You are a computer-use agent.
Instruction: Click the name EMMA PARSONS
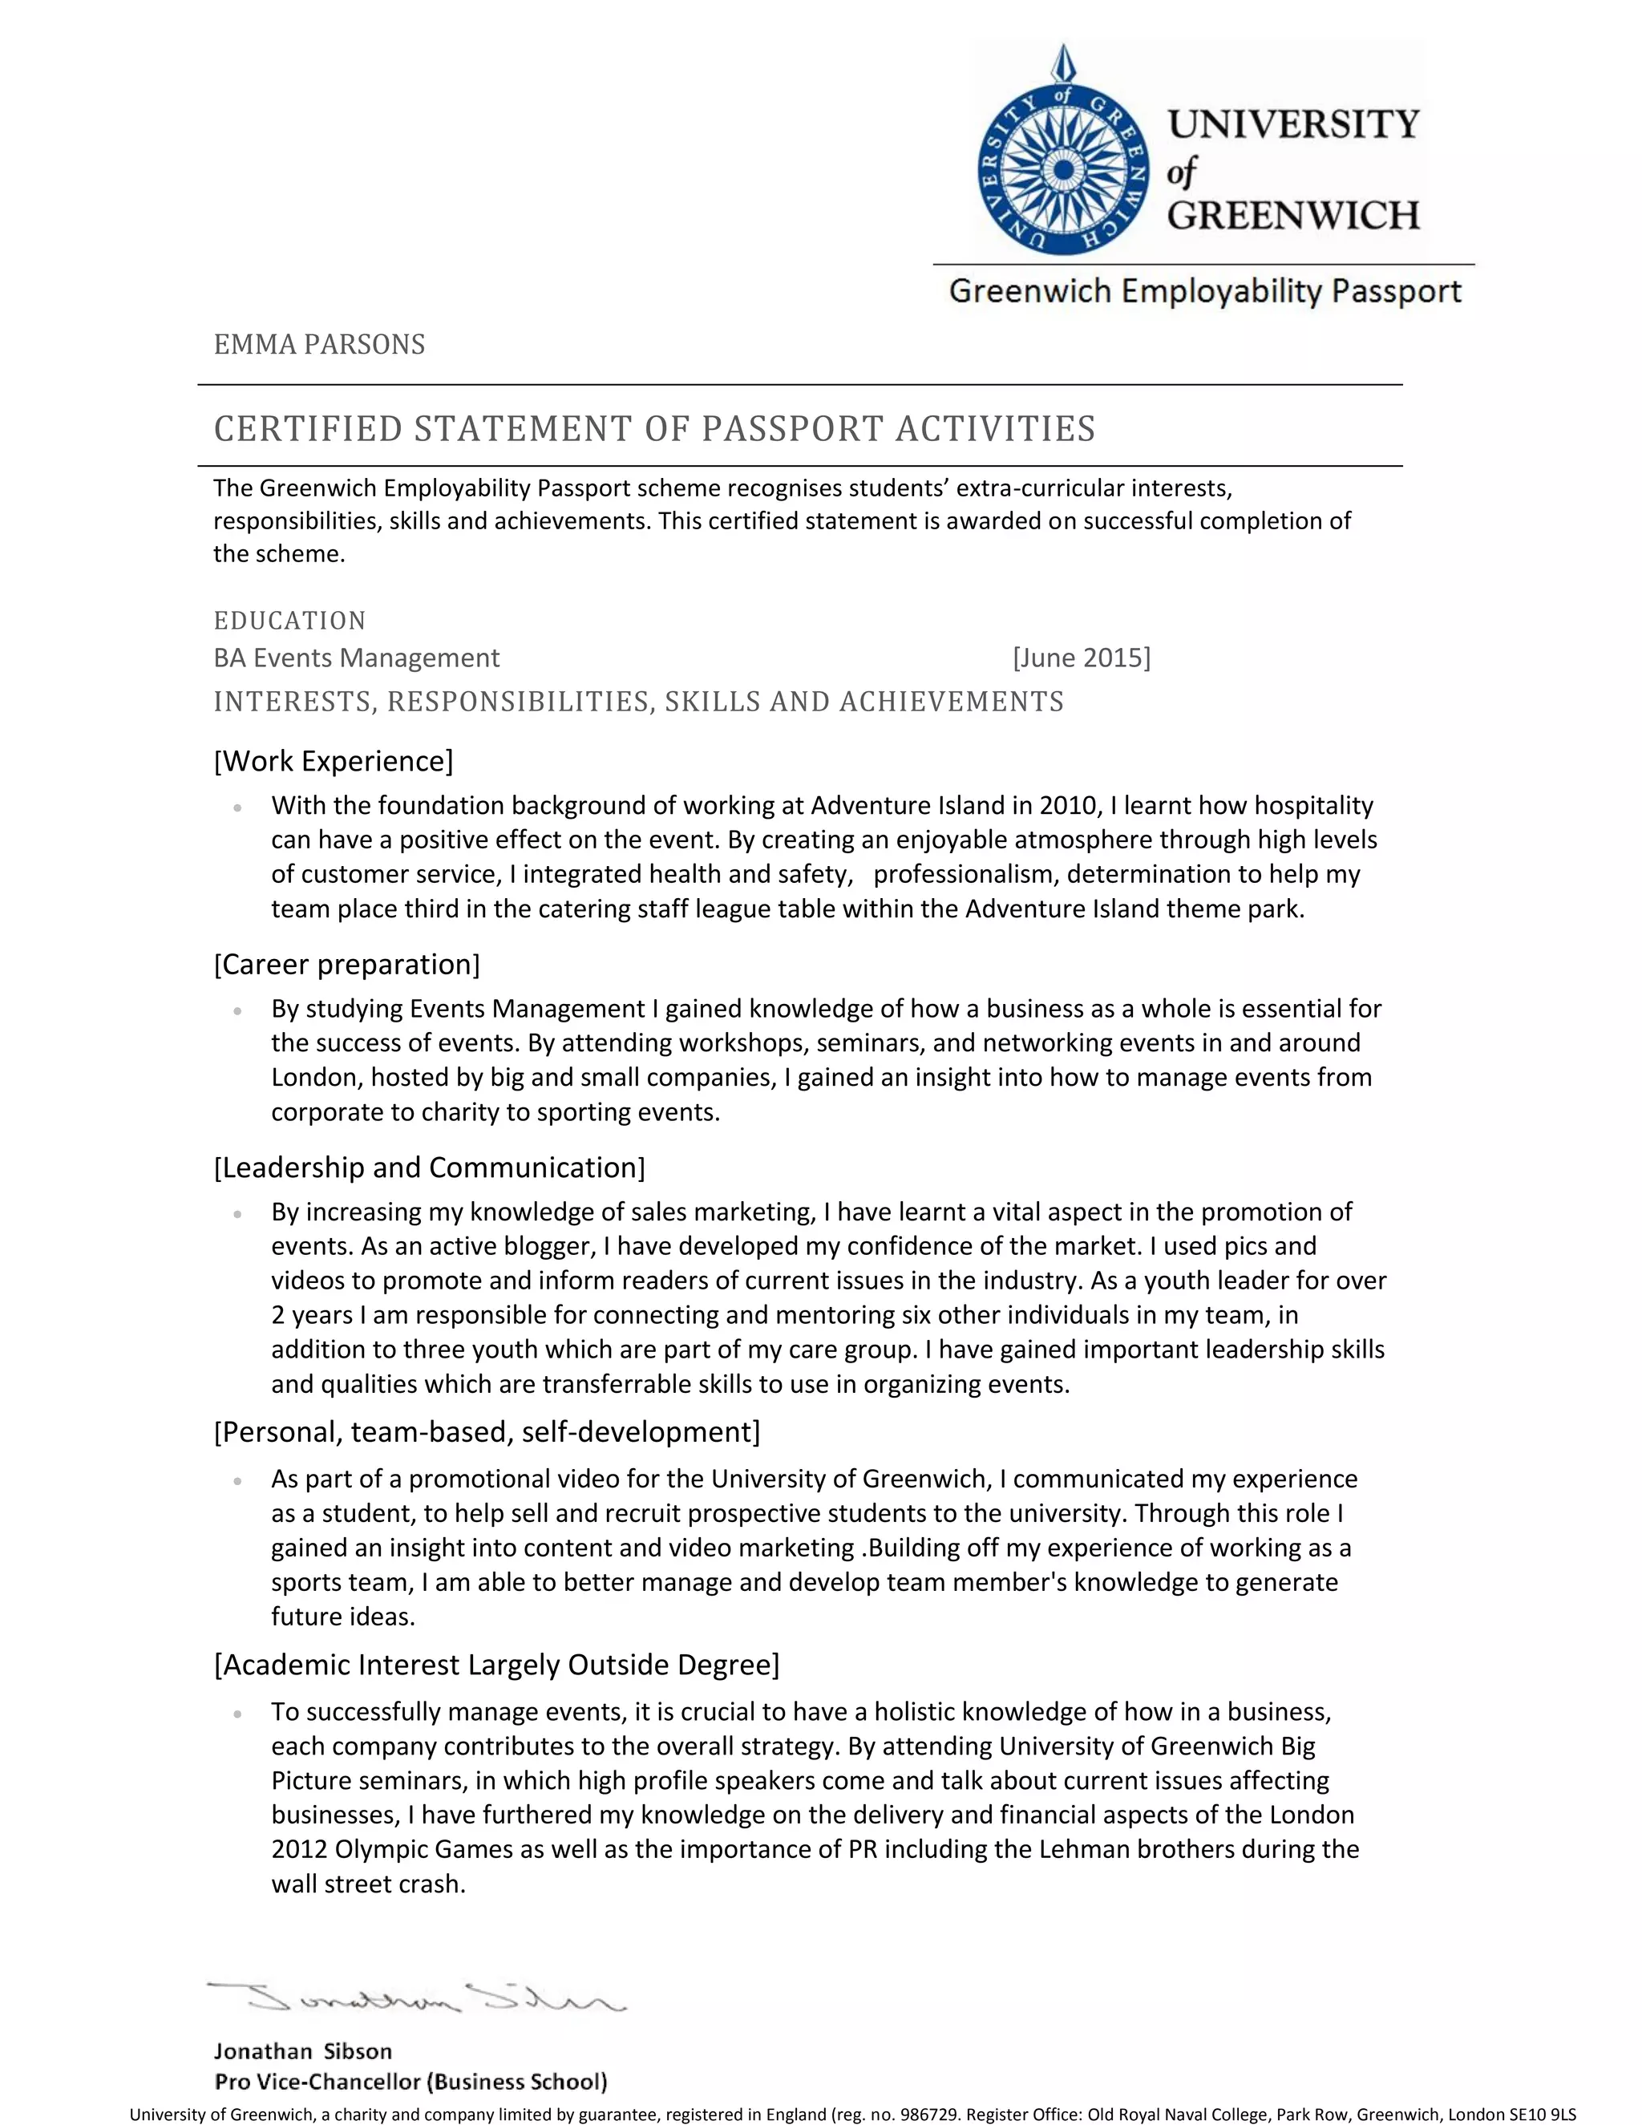[x=319, y=345]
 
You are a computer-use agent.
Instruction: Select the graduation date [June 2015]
[x=1081, y=658]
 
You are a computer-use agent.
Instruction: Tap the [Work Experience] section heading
[x=334, y=761]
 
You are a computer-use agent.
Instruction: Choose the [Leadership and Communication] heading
[x=429, y=1168]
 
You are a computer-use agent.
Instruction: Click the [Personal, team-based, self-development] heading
[x=487, y=1432]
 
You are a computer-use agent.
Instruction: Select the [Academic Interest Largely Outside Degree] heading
[x=496, y=1665]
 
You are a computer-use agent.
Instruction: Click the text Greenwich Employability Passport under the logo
[x=1204, y=291]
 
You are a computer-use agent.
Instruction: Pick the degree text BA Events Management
[x=356, y=658]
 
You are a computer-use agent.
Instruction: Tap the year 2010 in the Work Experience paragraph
[x=1068, y=806]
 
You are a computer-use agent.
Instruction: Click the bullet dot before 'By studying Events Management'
[x=237, y=1011]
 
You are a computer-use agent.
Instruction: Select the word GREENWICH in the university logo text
[x=1292, y=215]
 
